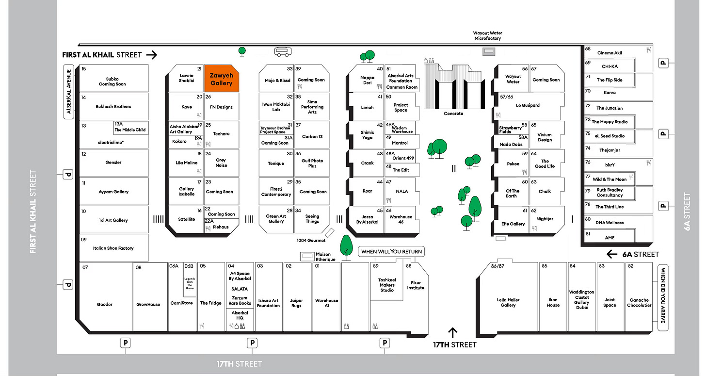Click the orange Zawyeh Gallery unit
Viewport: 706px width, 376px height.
[x=221, y=79]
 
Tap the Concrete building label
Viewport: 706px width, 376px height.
[x=453, y=114]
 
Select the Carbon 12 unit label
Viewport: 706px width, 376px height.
[x=312, y=137]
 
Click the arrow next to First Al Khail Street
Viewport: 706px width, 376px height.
[x=152, y=55]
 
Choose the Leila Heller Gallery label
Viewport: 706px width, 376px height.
[x=508, y=303]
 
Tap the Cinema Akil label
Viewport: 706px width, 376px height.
[x=610, y=53]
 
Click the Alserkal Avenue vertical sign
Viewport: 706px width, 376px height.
[x=69, y=91]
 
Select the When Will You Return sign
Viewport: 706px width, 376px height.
[x=391, y=252]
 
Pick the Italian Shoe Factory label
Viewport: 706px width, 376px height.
[x=113, y=248]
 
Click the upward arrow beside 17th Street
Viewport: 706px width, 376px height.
[x=453, y=333]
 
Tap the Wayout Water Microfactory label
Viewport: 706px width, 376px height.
[x=487, y=36]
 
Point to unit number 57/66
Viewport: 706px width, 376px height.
[x=506, y=97]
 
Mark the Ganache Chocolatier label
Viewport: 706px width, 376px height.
[x=639, y=303]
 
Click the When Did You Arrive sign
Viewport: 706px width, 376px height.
[x=663, y=297]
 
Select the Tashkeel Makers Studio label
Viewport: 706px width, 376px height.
[x=386, y=285]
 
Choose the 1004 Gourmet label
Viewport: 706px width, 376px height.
[x=311, y=241]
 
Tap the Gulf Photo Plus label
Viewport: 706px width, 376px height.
[x=312, y=163]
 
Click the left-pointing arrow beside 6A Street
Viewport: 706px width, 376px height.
[x=612, y=254]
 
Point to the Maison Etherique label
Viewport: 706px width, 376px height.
[x=325, y=257]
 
